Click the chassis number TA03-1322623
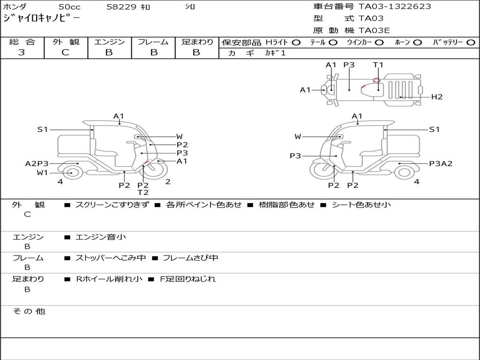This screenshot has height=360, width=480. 395,7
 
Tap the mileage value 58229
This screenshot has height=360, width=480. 121,7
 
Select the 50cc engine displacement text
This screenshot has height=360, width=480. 69,7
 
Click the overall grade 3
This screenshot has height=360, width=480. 22,52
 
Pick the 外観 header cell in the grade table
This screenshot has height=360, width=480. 66,42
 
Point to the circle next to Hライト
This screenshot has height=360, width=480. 296,43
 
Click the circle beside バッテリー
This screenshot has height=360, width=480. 471,43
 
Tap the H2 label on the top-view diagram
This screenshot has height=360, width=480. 437,97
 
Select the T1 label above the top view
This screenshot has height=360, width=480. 378,65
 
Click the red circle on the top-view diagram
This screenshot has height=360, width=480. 376,81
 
